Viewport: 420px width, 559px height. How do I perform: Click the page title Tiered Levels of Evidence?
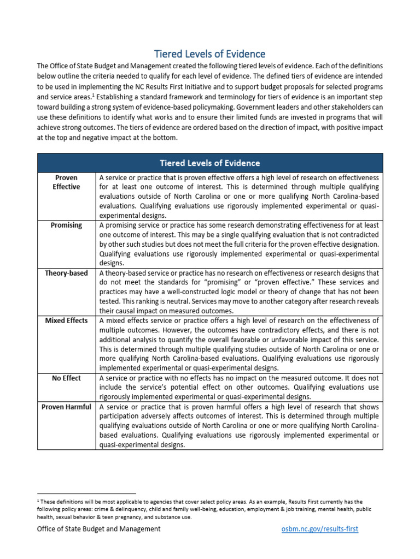pos(209,53)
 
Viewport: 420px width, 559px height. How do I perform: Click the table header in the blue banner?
pos(209,163)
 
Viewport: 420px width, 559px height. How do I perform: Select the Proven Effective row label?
pos(67,182)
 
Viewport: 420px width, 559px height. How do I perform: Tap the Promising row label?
pos(67,225)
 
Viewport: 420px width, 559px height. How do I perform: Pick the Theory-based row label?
pos(67,273)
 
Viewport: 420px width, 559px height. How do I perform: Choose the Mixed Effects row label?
pos(67,320)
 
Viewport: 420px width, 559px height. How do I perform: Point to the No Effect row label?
pos(67,378)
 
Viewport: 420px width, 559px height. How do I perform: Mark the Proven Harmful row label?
pos(67,407)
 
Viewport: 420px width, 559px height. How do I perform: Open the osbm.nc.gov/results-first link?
pos(320,529)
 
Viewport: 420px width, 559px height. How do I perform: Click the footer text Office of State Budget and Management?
pos(99,529)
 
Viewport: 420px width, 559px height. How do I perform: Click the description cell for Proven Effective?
pos(239,197)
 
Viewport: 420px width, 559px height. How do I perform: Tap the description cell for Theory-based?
pos(239,292)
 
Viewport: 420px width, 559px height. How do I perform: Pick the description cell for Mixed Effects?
pos(239,344)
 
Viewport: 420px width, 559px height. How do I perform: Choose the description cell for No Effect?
pos(239,387)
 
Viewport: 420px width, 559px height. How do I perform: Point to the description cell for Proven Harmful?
pos(239,426)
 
